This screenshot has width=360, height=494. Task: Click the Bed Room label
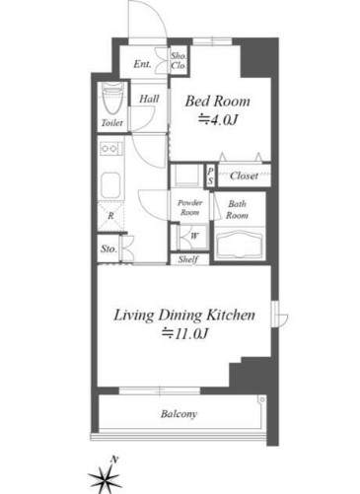[217, 102]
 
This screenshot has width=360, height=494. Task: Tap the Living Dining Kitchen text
[184, 315]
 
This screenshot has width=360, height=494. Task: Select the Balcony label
[179, 414]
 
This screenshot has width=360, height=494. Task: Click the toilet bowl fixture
[112, 98]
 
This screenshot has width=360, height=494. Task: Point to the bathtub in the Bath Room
[240, 245]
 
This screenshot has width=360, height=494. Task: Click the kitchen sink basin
[110, 184]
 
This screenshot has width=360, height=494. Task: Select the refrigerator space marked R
[110, 216]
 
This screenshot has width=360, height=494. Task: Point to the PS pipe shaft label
[210, 176]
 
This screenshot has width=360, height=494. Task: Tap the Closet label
[244, 176]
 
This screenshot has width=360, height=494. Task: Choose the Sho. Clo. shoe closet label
[179, 61]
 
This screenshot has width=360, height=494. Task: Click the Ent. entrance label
[142, 64]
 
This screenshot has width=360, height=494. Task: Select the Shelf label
[188, 259]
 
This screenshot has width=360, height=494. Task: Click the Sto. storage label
[108, 248]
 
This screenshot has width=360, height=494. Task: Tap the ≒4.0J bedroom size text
[218, 120]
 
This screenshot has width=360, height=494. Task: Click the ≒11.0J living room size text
[184, 334]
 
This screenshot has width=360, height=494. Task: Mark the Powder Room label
[189, 207]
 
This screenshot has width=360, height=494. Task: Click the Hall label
[149, 99]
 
